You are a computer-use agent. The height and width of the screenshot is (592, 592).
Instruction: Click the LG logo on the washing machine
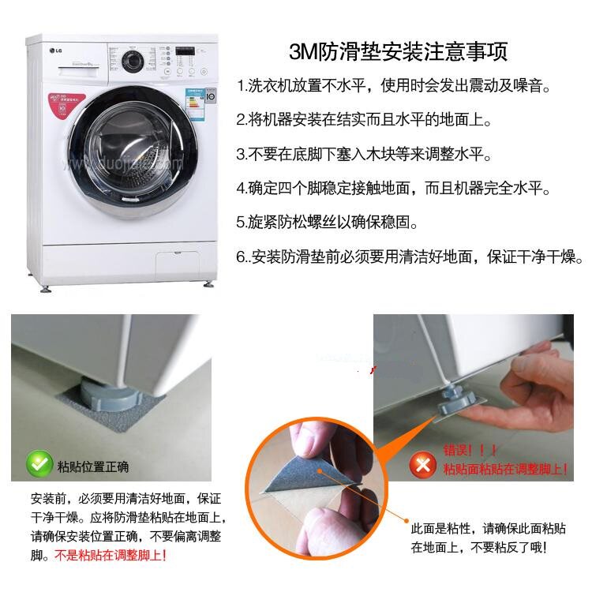pos(55,51)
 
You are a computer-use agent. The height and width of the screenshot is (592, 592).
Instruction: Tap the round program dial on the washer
pos(133,61)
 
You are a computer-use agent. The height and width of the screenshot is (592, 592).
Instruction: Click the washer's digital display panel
pos(185,51)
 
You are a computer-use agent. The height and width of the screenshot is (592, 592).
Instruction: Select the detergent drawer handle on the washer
pos(78,72)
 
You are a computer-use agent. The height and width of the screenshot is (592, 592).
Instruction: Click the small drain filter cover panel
pos(177,265)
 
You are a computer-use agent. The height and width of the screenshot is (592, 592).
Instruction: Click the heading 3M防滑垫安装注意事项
pos(398,52)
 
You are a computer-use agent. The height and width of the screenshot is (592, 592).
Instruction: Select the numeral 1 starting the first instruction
pos(241,87)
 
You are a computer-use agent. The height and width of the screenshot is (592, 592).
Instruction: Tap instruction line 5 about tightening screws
pos(327,222)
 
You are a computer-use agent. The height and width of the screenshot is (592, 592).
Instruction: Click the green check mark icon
pos(39,463)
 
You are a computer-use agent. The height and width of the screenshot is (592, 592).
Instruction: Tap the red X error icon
pos(423,465)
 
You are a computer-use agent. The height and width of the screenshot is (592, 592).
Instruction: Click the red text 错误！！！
pos(470,450)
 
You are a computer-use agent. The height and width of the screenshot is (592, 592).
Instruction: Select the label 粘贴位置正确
pos(93,467)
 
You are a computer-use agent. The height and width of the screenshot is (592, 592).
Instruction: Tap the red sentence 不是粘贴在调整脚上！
pos(111,555)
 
